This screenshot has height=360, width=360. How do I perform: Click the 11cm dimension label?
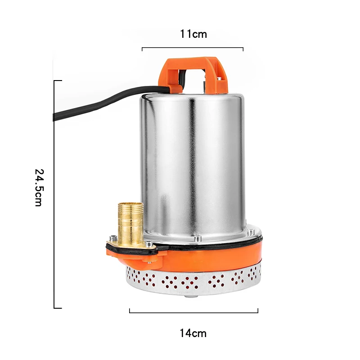point(193,34)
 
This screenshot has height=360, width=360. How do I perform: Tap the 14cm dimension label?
point(193,333)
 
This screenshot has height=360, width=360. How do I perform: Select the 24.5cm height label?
point(39,188)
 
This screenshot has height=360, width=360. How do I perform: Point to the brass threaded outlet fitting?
point(130,224)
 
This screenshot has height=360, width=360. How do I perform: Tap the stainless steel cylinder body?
point(193,165)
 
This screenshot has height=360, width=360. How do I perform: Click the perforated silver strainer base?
point(193,281)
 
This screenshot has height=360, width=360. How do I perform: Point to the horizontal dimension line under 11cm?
point(193,48)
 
